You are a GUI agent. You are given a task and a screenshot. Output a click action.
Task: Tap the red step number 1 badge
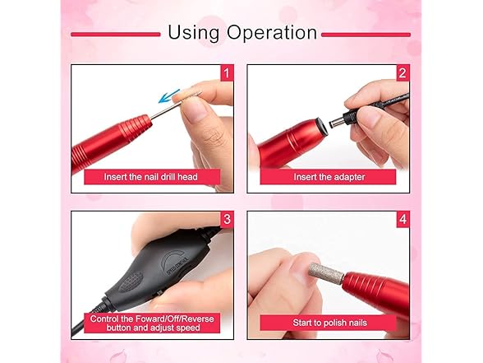(227, 74)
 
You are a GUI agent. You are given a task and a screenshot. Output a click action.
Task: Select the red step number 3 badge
(227, 220)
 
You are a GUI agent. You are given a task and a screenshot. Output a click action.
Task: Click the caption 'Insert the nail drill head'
(150, 177)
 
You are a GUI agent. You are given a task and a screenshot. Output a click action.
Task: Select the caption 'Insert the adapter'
(329, 177)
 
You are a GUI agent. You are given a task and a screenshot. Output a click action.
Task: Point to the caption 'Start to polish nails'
(329, 323)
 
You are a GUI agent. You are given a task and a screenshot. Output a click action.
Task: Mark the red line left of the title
(114, 35)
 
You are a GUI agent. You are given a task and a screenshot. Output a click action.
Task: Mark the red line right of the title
(366, 35)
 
